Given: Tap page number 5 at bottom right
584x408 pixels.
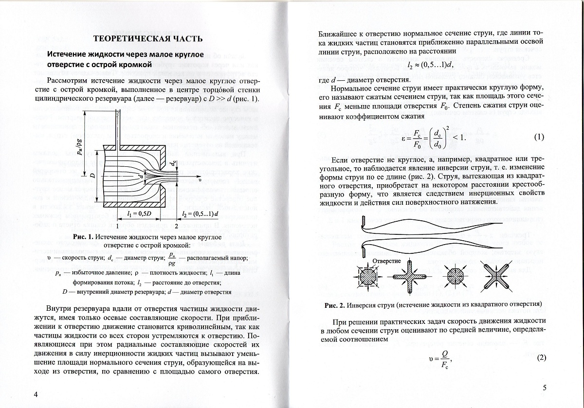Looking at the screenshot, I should [544, 388].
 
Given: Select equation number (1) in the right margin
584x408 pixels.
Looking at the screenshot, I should [539, 138].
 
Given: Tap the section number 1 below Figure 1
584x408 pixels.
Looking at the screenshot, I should [117, 226].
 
